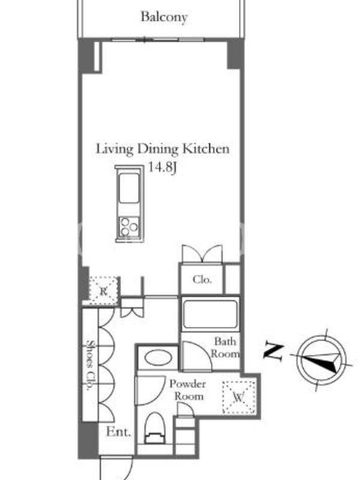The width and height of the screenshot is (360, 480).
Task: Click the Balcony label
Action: click(164, 17)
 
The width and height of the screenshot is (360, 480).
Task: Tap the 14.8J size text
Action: click(163, 167)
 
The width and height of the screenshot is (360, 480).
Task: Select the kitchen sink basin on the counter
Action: click(129, 188)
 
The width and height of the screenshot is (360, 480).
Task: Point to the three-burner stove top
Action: click(129, 227)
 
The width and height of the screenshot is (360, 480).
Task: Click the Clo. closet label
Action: click(202, 280)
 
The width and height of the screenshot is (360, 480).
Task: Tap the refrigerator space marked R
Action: click(103, 290)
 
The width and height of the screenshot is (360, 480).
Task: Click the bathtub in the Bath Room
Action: click(210, 314)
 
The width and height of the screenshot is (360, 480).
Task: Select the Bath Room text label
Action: click(225, 347)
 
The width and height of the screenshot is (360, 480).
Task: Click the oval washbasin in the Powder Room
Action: click(158, 358)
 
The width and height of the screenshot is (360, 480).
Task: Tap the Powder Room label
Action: click(188, 390)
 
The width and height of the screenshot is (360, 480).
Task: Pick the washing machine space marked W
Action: click(239, 397)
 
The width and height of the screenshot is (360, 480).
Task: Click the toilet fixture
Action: click(155, 428)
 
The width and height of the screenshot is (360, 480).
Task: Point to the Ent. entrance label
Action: click(118, 432)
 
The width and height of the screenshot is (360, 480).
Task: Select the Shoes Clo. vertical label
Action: click(90, 365)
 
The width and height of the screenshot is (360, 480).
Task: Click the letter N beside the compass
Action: click(273, 351)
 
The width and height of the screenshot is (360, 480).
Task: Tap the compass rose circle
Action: click(321, 360)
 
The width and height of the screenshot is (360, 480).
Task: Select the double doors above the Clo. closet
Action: click(202, 254)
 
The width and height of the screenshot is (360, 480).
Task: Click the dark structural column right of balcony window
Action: click(235, 54)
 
